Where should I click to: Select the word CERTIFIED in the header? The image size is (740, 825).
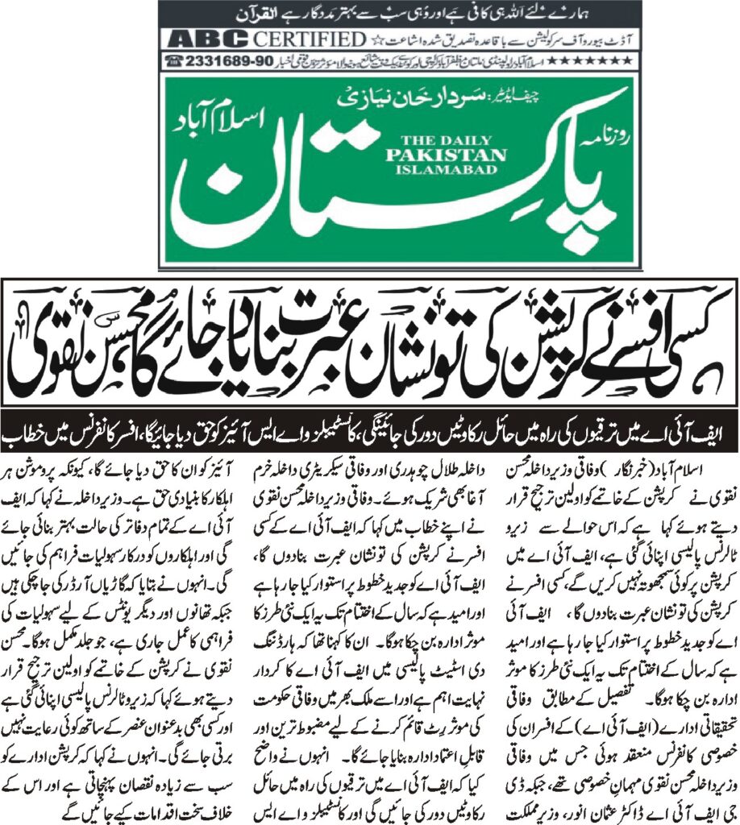(x=310, y=39)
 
